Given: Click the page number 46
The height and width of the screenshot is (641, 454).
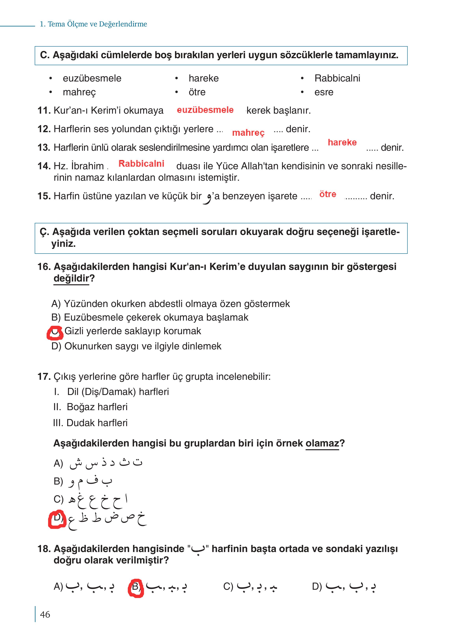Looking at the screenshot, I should [x=45, y=615].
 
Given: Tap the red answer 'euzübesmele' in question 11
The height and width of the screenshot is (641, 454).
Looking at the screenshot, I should [x=205, y=110].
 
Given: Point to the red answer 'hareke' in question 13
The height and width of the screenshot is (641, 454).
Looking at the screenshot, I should [x=342, y=142].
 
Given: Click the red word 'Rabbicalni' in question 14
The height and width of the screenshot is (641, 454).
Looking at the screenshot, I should [x=141, y=164].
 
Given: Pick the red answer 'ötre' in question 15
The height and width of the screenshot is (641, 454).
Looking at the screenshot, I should [x=328, y=194].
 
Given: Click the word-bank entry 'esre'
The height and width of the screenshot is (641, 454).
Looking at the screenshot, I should [x=324, y=92].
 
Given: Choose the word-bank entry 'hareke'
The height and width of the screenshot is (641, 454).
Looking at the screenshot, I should [x=204, y=78].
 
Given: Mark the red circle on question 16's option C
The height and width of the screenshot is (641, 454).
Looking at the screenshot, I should [x=55, y=333].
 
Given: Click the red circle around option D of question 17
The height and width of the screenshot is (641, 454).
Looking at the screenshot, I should [x=57, y=519].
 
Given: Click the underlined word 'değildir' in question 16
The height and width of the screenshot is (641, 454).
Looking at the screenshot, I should [x=71, y=279].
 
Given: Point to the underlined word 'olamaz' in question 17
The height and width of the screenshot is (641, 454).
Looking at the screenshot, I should [x=322, y=443].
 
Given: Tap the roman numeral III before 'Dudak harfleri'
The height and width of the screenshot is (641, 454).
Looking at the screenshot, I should [x=59, y=423].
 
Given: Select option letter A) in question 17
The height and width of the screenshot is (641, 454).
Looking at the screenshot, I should [x=58, y=463].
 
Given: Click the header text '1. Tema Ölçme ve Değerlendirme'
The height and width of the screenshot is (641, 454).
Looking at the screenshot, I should [x=93, y=24].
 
